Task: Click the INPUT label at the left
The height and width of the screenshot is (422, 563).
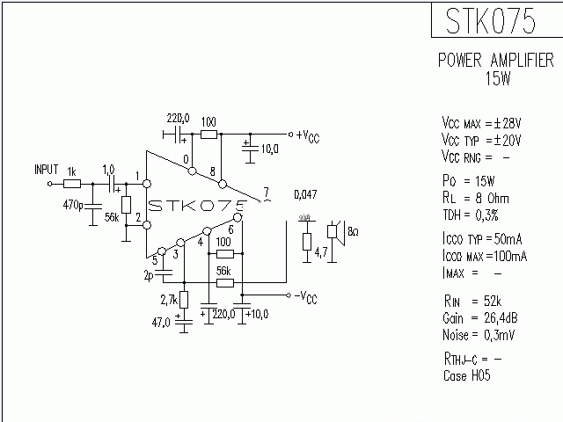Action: (x=46, y=169)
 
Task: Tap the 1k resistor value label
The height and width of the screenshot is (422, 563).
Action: (x=72, y=171)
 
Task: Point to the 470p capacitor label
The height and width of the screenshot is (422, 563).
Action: (x=73, y=207)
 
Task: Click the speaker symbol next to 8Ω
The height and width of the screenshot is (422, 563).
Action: (x=334, y=233)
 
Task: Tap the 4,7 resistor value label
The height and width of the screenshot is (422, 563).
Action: (x=322, y=252)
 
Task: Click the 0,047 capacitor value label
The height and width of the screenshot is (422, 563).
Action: (x=305, y=194)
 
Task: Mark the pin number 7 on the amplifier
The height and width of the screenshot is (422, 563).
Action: (x=267, y=193)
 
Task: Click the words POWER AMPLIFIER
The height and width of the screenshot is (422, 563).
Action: (x=496, y=61)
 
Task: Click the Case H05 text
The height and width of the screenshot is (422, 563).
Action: (x=467, y=375)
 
